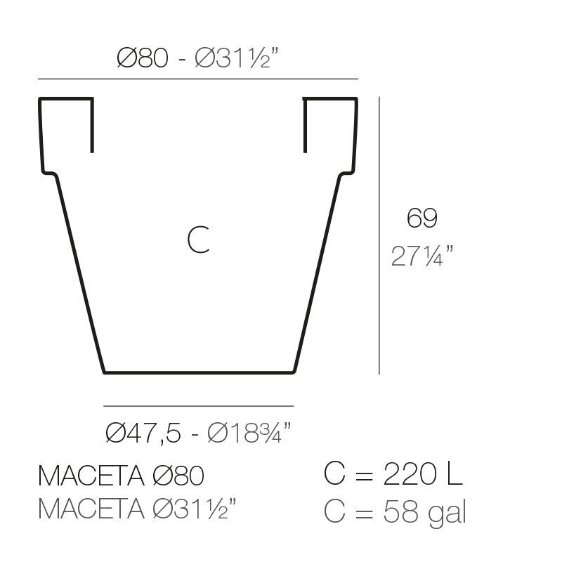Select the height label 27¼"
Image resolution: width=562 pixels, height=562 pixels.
click(421, 256)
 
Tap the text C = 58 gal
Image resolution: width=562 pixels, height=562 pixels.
click(396, 511)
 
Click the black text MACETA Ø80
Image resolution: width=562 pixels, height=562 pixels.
click(121, 476)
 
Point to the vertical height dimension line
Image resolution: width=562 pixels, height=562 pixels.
click(379, 235)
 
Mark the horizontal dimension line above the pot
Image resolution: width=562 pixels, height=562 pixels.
click(197, 78)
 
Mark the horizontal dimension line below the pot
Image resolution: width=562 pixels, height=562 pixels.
click(198, 406)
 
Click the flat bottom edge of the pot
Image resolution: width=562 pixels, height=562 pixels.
click(198, 372)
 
